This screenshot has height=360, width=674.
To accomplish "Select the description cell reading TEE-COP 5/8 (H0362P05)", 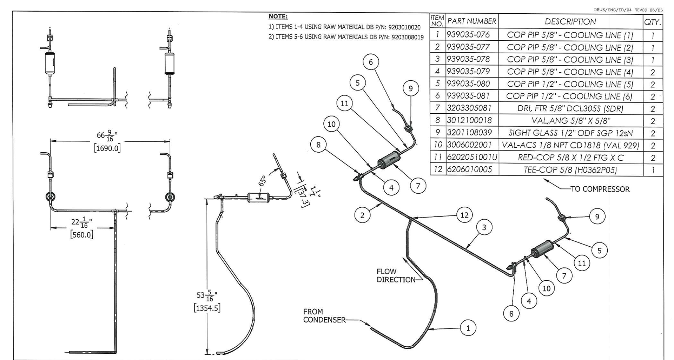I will pyautogui.click(x=570, y=170).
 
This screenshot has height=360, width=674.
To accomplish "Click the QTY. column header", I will pyautogui.click(x=653, y=22).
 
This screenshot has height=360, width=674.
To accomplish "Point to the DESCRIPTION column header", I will pyautogui.click(x=570, y=22).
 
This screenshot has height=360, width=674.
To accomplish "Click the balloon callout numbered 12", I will pyautogui.click(x=464, y=215).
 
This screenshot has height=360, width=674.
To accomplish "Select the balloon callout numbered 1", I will pyautogui.click(x=468, y=328).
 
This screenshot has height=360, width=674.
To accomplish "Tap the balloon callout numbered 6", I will pyautogui.click(x=371, y=62).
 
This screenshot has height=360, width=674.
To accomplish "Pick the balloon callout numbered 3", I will pyautogui.click(x=484, y=227).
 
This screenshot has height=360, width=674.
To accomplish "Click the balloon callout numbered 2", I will pyautogui.click(x=362, y=215).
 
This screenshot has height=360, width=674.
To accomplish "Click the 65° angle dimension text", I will pyautogui.click(x=262, y=181).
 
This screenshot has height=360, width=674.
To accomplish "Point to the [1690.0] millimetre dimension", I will pyautogui.click(x=107, y=148).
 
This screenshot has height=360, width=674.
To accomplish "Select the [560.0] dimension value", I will pyautogui.click(x=82, y=235).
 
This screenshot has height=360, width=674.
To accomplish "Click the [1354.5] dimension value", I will pyautogui.click(x=207, y=308).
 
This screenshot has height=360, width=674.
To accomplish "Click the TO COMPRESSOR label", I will pyautogui.click(x=600, y=189).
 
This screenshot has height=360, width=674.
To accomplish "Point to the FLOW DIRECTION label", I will pyautogui.click(x=391, y=275).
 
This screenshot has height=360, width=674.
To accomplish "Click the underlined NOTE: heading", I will pyautogui.click(x=278, y=16).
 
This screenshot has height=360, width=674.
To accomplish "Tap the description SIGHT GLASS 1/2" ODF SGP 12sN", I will pyautogui.click(x=570, y=133).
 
